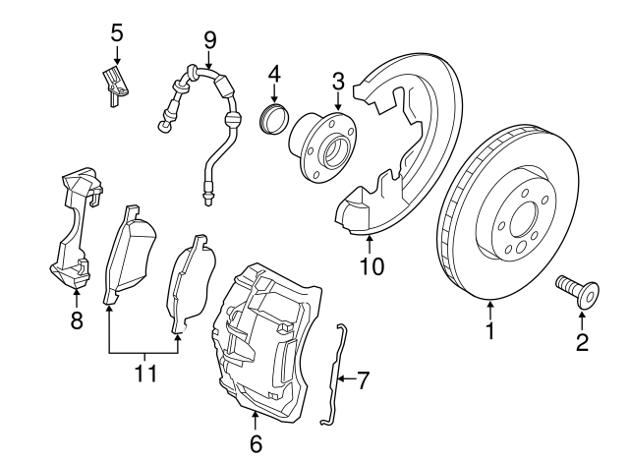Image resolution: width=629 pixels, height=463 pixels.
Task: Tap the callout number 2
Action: [x=582, y=342]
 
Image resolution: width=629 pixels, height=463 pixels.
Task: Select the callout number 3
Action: [x=337, y=80]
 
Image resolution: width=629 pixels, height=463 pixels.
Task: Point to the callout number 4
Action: [x=274, y=73]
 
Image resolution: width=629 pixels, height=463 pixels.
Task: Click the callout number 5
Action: [x=117, y=31]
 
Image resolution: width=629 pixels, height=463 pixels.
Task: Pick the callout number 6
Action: [x=256, y=444]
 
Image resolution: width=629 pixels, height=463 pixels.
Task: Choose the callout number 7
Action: [x=363, y=379]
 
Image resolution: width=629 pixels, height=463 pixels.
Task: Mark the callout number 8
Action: [x=77, y=319]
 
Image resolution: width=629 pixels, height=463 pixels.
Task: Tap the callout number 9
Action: [x=209, y=39]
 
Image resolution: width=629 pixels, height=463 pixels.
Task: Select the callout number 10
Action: [x=371, y=265]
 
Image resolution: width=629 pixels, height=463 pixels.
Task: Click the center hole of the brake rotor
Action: [x=520, y=217]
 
